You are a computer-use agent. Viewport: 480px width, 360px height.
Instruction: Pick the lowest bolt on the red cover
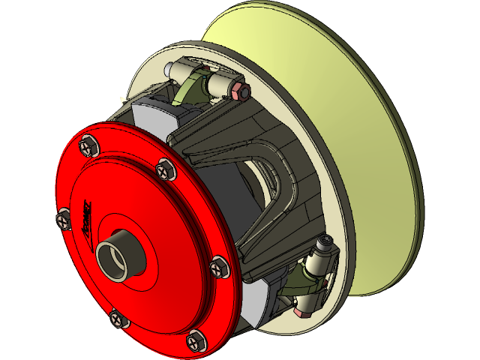194,341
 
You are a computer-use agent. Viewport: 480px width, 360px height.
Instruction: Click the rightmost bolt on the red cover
219,265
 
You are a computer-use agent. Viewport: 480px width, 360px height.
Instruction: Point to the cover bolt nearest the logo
64,217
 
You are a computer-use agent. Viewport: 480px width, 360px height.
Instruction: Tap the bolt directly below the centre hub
118,318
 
